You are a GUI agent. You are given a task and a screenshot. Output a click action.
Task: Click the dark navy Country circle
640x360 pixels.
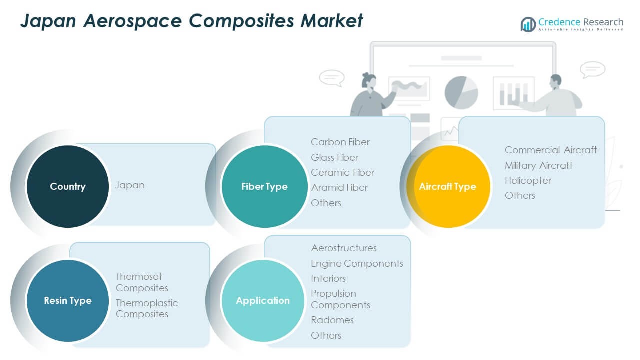point(68,186)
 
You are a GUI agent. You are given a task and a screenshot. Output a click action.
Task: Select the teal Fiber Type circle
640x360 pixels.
point(264,186)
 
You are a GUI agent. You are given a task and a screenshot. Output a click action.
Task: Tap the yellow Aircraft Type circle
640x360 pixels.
point(448,186)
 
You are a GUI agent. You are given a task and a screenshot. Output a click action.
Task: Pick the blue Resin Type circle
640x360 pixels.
point(68,300)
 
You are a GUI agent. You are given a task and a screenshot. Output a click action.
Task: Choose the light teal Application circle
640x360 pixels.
point(263,300)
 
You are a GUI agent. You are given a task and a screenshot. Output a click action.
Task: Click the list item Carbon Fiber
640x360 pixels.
point(340,142)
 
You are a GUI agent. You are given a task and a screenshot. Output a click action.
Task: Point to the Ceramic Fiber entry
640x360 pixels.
point(342,172)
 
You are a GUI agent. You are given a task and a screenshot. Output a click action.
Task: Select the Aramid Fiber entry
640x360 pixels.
point(339,187)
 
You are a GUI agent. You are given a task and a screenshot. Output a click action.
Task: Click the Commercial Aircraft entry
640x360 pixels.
point(551,150)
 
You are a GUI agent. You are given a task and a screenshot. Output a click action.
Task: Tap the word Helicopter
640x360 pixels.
point(528,180)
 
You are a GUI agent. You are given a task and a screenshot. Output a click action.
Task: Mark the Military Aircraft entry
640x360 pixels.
point(538,165)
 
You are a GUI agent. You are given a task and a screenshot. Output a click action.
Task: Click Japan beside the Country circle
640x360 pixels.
point(130,185)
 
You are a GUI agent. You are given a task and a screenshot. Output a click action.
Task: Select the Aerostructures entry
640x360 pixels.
point(344,248)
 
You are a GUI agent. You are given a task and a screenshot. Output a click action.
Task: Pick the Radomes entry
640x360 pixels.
point(332,320)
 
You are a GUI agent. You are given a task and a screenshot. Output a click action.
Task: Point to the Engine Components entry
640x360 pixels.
point(357,263)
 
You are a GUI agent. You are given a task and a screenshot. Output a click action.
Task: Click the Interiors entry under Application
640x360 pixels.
point(328,278)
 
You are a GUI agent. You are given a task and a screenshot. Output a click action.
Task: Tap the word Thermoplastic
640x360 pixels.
point(147,303)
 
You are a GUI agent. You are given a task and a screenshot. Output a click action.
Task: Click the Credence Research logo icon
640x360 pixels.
point(528,24)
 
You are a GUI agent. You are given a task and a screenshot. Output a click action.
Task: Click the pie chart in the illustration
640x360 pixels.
point(461,92)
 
